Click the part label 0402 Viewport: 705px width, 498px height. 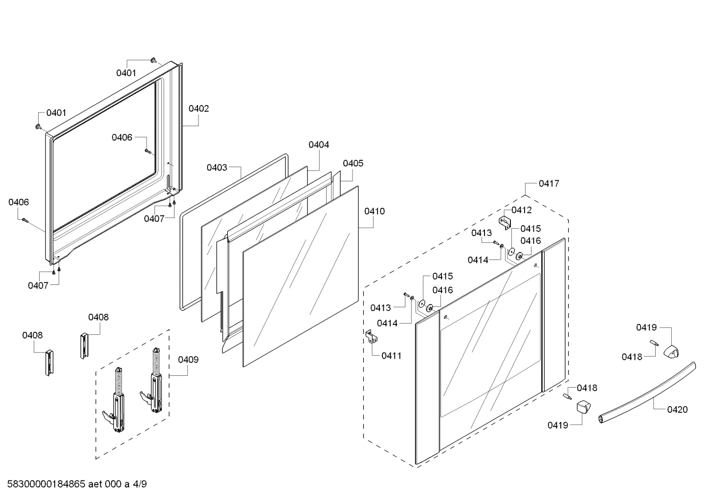198,108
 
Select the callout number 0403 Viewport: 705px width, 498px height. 217,168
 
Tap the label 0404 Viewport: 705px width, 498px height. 319,145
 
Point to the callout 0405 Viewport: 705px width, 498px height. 353,163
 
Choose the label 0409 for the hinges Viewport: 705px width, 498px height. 188,360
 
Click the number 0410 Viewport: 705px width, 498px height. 375,211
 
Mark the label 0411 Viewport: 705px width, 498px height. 391,356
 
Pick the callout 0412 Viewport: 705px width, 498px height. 522,210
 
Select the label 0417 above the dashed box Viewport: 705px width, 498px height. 549,184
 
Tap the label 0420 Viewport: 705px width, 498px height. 677,410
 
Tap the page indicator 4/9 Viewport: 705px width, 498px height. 139,484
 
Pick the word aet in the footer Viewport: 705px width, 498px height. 96,484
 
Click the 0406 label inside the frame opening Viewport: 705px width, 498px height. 122,138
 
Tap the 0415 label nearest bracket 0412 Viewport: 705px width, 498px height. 530,229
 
